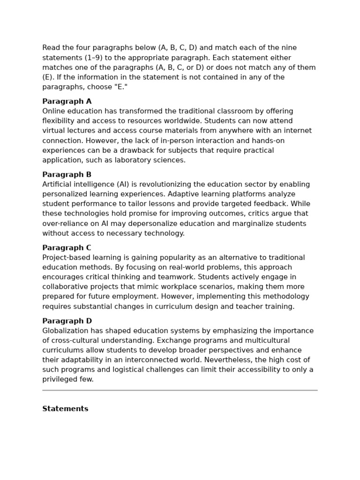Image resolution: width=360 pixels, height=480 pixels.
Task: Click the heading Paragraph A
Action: [x=67, y=101]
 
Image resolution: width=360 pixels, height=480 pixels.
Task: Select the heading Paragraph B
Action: [x=67, y=174]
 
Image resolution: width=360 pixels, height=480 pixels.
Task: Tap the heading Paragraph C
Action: [x=67, y=247]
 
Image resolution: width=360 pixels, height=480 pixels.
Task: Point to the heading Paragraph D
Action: [x=67, y=321]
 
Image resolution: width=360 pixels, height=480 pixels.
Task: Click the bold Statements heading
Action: [x=65, y=409]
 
